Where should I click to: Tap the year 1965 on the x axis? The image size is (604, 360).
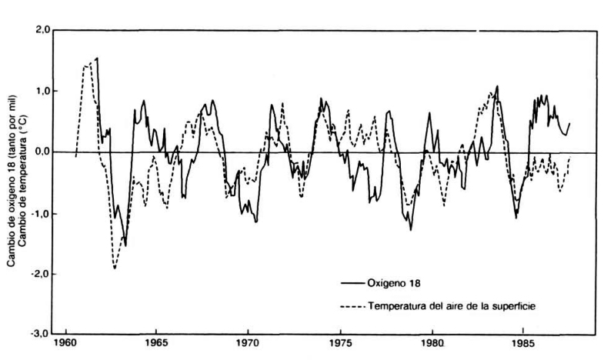(156, 345)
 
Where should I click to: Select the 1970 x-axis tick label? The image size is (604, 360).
(248, 345)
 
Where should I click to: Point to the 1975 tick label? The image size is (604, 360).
(339, 345)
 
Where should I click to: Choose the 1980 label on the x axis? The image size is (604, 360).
(432, 345)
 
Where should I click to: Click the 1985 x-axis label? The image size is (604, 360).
(523, 345)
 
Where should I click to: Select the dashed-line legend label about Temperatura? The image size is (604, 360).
(452, 306)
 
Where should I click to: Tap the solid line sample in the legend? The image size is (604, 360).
(352, 282)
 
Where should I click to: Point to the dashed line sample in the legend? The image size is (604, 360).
(352, 306)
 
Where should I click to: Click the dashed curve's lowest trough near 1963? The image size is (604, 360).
(115, 268)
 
